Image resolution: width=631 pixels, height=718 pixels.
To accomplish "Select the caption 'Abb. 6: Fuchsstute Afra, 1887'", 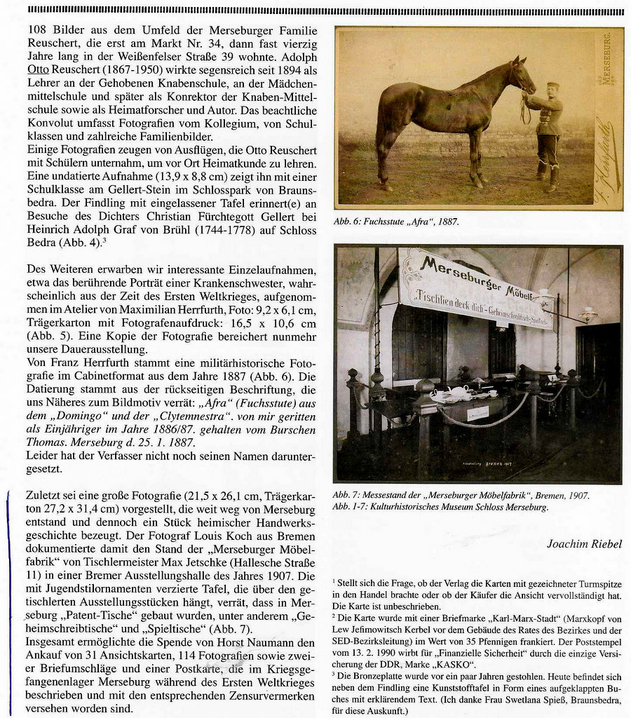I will pos(396,222).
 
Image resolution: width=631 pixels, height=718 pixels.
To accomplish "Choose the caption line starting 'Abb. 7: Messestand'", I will pos(461,495).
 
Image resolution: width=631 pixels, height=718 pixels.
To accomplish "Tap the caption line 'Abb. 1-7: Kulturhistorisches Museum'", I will pos(440,506).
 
